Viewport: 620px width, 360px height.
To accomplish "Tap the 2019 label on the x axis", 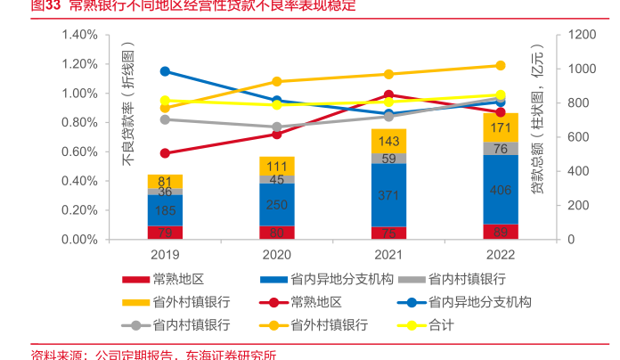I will tap(165, 256).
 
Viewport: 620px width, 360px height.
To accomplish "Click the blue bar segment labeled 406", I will tap(500, 190).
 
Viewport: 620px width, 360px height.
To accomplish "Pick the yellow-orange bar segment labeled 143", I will tap(388, 141).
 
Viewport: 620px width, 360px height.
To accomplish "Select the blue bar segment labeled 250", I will tap(277, 205).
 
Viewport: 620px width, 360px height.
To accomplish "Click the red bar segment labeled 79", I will tap(165, 233).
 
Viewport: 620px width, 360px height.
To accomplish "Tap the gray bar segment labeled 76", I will tap(500, 148).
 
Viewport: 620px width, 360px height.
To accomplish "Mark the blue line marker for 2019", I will tap(165, 71).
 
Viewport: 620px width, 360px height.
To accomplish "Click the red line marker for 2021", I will tap(388, 94).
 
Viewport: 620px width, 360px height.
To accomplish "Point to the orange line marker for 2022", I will tap(500, 65).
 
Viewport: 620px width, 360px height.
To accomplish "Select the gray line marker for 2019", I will tap(165, 119).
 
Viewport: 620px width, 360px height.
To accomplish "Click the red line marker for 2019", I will tap(165, 153).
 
